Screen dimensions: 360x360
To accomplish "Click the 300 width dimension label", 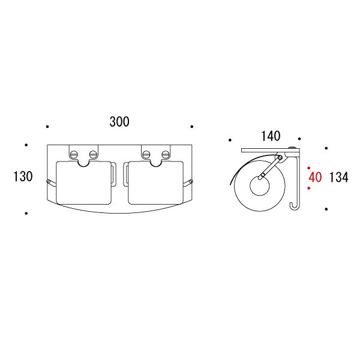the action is (119, 122).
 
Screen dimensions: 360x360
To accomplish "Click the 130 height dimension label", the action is (23, 176).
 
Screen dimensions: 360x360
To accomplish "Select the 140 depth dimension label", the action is (271, 136).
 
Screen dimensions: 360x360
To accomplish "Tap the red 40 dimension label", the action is (315, 177).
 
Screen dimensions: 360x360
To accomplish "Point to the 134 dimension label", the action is (338, 177).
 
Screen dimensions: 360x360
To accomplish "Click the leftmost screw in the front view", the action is (74, 154).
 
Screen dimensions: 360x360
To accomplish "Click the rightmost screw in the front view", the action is (166, 154).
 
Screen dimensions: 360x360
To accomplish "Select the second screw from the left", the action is (93, 154).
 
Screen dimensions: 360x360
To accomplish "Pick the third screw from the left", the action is (146, 154).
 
